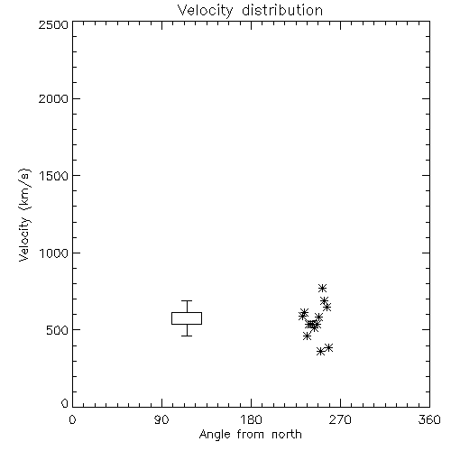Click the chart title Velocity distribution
point(250,11)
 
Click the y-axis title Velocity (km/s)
point(24,215)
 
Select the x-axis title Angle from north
point(250,435)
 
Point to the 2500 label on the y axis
point(53,24)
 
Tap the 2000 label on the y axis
point(53,98)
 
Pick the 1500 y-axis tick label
point(54,176)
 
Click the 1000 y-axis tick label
point(54,253)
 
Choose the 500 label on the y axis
point(58,330)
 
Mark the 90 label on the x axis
point(161,419)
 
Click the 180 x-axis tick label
point(251,419)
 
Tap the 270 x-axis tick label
point(340,419)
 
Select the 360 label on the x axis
point(429,419)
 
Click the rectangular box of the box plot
point(187,313)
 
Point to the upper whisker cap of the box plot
point(187,300)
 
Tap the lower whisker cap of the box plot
point(187,336)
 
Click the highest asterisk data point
point(322,288)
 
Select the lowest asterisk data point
point(320,352)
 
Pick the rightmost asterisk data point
point(329,347)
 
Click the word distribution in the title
point(282,11)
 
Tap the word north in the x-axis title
point(287,435)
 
